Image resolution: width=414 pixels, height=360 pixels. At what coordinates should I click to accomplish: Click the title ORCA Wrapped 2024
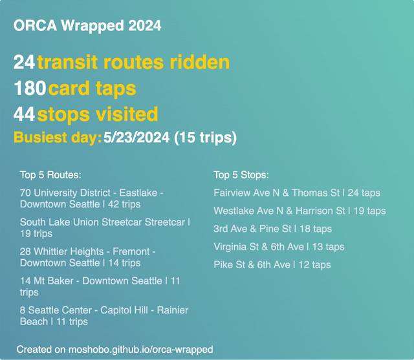(x=87, y=26)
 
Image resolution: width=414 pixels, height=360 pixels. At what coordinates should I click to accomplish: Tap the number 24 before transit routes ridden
(x=24, y=63)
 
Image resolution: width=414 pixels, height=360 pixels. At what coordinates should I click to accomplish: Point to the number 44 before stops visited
(x=24, y=114)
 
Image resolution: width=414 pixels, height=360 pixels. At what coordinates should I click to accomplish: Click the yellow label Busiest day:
(x=58, y=138)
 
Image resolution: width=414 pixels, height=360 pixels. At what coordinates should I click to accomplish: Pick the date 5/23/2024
(x=136, y=138)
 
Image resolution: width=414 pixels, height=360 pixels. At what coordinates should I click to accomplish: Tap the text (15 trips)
(x=205, y=138)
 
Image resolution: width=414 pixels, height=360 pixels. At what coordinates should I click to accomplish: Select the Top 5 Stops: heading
(x=241, y=175)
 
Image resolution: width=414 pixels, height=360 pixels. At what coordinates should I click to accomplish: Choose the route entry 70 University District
(x=91, y=198)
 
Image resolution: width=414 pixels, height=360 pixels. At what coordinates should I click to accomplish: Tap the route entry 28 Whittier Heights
(x=87, y=257)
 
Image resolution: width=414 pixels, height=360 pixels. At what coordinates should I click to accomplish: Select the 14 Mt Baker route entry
(x=100, y=286)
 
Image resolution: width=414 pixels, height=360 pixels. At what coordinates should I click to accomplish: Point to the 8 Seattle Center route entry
(x=103, y=315)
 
